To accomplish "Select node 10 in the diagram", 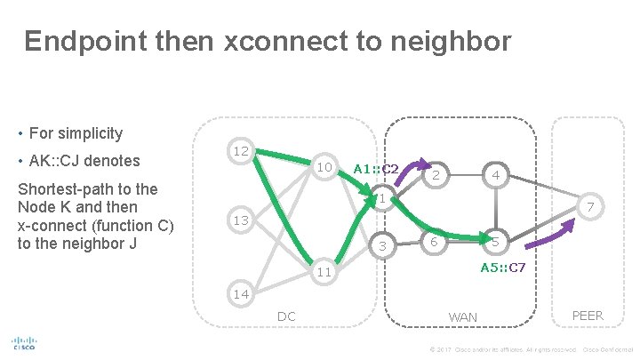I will pyautogui.click(x=324, y=167).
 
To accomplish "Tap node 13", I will pyautogui.click(x=240, y=220).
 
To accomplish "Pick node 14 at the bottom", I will pyautogui.click(x=240, y=292).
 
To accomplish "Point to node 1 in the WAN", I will pyautogui.click(x=380, y=199).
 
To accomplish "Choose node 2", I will pyautogui.click(x=436, y=176).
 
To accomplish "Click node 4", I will pyautogui.click(x=495, y=176).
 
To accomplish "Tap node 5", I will pyautogui.click(x=495, y=242).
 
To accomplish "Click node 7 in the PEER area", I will pyautogui.click(x=588, y=206).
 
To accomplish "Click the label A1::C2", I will pyautogui.click(x=376, y=168).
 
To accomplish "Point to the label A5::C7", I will pyautogui.click(x=503, y=267).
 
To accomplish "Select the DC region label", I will pyautogui.click(x=286, y=316).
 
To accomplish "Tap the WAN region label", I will pyautogui.click(x=463, y=317).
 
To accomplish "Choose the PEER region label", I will pyautogui.click(x=588, y=315).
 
